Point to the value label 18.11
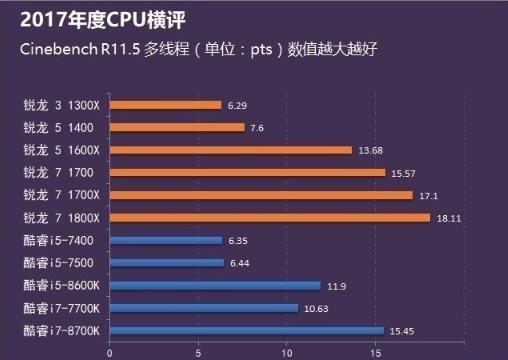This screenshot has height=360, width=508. tap(447, 217)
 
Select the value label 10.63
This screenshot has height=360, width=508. tap(315, 308)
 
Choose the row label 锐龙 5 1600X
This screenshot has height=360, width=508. tap(61, 150)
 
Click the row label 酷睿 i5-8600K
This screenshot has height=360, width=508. tap(61, 285)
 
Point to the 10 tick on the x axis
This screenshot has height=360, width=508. tap(287, 351)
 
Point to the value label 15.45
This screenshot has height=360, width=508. tap(400, 330)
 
